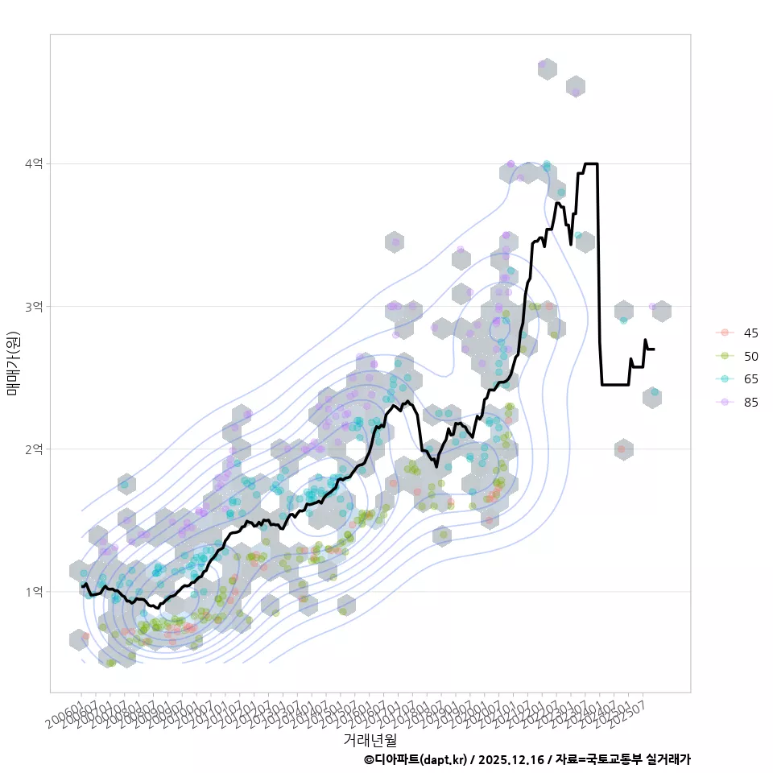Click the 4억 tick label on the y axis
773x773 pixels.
click(35, 163)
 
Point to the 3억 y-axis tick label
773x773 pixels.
click(35, 307)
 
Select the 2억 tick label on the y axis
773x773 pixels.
click(35, 449)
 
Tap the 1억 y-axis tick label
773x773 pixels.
click(35, 592)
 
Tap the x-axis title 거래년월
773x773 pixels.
click(370, 739)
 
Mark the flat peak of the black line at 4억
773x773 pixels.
click(590, 163)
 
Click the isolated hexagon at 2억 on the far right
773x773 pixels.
click(623, 449)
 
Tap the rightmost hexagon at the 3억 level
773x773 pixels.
click(662, 311)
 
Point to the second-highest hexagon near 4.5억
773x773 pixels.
click(576, 87)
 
